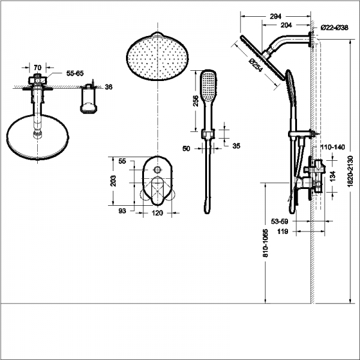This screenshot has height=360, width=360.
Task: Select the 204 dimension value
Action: pyautogui.click(x=287, y=25)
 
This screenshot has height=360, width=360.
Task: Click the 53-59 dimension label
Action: pyautogui.click(x=280, y=221)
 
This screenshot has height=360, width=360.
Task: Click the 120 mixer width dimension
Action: pyautogui.click(x=158, y=213)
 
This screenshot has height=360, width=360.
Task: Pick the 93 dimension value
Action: pyautogui.click(x=122, y=210)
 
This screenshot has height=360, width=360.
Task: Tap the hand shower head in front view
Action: pyautogui.click(x=207, y=86)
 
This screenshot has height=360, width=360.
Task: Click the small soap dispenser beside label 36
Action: pyautogui.click(x=89, y=100)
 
